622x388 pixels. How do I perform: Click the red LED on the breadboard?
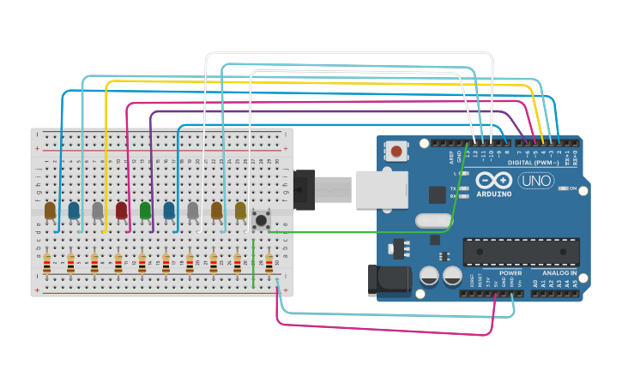pyautogui.click(x=122, y=210)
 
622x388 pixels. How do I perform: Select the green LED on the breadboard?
pyautogui.click(x=145, y=210)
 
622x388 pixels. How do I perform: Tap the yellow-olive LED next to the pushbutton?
pyautogui.click(x=240, y=210)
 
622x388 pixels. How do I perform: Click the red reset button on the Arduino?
pyautogui.click(x=396, y=152)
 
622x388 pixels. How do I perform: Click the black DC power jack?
pyautogui.click(x=384, y=280)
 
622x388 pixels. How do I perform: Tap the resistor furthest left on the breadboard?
pyautogui.click(x=47, y=261)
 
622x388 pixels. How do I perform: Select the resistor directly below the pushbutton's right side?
pyautogui.click(x=269, y=261)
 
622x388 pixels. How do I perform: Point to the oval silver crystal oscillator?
pyautogui.click(x=432, y=221)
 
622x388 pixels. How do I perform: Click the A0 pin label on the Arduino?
pyautogui.click(x=534, y=284)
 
